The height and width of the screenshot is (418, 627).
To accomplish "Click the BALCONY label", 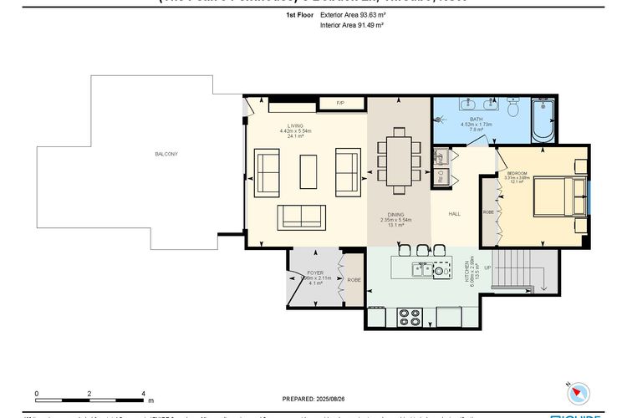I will tap(166, 154).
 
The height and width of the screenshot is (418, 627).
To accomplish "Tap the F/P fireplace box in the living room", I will tap(340, 103).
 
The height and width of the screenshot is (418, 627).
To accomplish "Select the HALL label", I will tap(455, 214).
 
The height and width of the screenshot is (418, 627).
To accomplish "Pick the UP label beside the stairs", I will tap(488, 268).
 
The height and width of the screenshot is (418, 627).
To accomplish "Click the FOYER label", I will tap(315, 273).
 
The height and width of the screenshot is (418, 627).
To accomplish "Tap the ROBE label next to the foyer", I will tap(354, 281).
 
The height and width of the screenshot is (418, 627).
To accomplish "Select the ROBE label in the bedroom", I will tap(488, 212).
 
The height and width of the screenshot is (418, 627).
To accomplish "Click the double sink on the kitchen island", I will tap(423, 268).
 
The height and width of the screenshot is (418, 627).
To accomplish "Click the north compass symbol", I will tap(578, 390).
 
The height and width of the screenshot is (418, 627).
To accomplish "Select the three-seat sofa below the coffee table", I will tap(302, 216).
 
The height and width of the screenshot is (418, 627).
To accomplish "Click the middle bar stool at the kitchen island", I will tap(421, 249).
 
